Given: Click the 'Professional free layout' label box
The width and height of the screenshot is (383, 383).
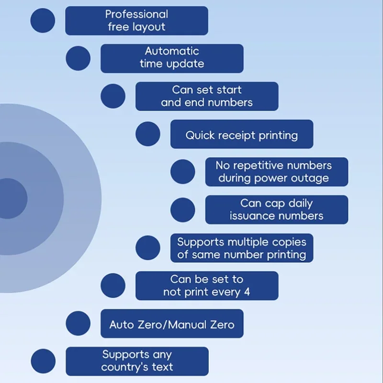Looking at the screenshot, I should (136, 21).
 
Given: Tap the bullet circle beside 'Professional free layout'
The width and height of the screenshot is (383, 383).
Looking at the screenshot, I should (43, 21).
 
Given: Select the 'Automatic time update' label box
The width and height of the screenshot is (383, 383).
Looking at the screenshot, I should (171, 58).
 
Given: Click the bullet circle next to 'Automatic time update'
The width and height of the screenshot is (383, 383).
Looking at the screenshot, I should (78, 58).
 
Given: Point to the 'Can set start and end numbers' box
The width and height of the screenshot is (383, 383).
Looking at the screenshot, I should (206, 96).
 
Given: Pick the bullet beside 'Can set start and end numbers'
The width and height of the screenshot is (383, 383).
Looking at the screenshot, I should (113, 96).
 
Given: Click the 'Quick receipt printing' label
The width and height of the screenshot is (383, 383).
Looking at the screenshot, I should (241, 135).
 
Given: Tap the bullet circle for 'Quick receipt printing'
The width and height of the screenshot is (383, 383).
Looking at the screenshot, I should (148, 134).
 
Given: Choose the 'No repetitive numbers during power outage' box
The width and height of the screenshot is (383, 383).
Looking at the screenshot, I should (276, 172).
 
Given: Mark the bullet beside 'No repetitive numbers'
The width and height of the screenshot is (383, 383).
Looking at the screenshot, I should (183, 172).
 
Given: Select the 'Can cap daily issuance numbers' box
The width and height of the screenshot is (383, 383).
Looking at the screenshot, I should (276, 210).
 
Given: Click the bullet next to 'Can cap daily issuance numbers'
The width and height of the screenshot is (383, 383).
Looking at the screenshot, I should (183, 210).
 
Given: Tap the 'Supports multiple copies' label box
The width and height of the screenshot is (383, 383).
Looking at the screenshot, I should (241, 248).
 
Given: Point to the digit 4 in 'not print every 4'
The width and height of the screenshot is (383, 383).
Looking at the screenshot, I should (247, 292).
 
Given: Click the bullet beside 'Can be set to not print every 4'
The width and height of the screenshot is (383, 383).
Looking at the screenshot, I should (113, 286).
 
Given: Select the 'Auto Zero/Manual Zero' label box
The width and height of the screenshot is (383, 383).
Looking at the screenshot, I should (171, 324).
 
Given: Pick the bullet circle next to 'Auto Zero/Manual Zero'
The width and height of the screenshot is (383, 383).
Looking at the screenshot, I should (78, 324).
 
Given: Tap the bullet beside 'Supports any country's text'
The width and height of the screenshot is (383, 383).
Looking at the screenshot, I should (43, 361).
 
